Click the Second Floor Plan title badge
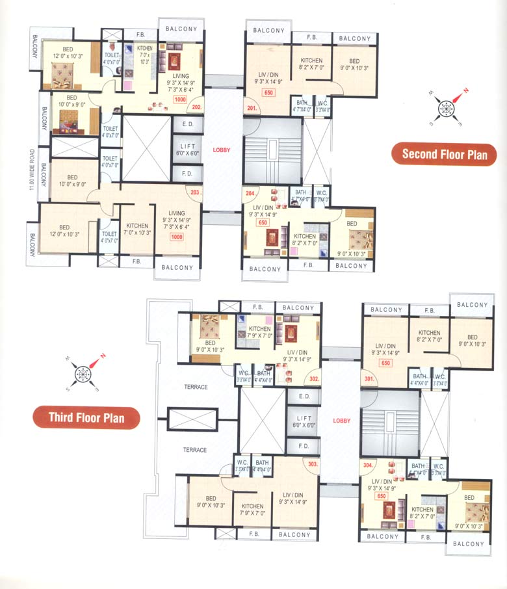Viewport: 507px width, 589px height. point(444,154)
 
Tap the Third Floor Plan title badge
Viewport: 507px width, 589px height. point(87,417)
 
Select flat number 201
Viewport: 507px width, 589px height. point(250,107)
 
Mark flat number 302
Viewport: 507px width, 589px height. point(314,378)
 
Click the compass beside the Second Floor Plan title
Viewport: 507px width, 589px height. point(447,106)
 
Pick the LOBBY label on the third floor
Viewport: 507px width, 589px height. point(341,421)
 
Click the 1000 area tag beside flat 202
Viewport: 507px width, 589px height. point(180,99)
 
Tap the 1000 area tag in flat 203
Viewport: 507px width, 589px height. point(176,237)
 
